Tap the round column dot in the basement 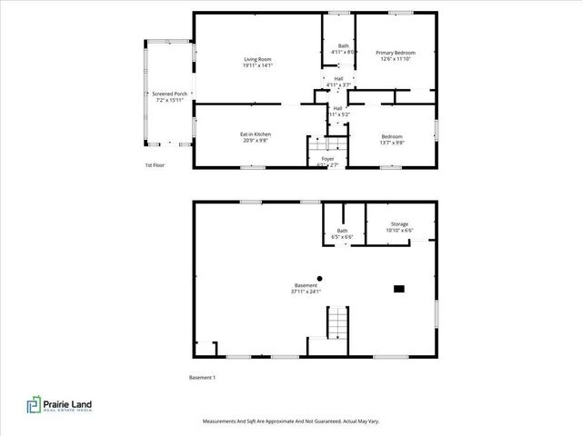(x=319, y=278)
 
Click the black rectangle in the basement (x=398, y=289)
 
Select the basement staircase (x=336, y=322)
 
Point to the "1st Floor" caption (x=156, y=165)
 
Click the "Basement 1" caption (x=202, y=377)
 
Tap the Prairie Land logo (x=58, y=405)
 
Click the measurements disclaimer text (x=290, y=421)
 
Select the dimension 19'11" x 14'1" (x=258, y=65)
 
